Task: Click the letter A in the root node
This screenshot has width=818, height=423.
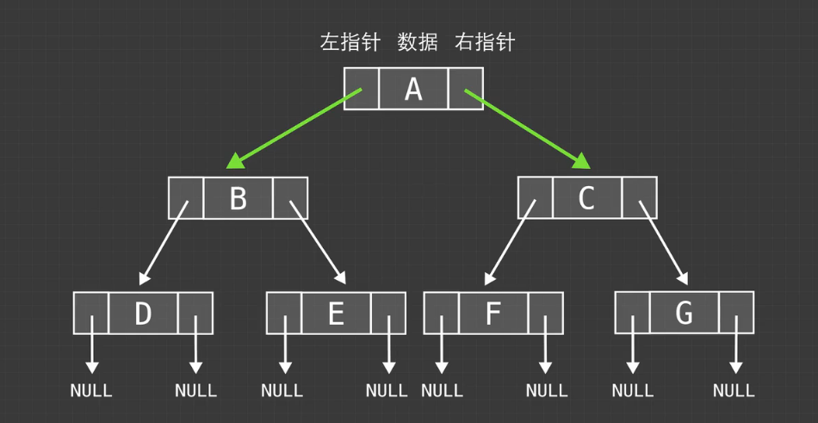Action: (413, 89)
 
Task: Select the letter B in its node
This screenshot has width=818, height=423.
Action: (238, 198)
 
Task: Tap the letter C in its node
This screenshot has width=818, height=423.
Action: (586, 198)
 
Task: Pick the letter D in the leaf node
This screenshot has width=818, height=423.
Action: (143, 313)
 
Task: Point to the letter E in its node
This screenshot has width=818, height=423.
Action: (336, 313)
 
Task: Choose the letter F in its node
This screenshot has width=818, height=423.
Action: (493, 313)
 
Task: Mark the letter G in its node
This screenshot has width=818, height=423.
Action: (685, 313)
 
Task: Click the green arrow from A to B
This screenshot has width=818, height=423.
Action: (293, 128)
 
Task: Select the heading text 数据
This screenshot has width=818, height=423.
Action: (418, 42)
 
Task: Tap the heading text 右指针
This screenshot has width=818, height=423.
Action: (485, 42)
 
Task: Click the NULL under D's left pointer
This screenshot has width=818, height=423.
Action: (91, 391)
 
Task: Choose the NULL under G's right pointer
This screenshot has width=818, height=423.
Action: (734, 391)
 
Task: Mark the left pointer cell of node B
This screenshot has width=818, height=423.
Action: (186, 198)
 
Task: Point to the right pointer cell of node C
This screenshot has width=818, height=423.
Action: (639, 198)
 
